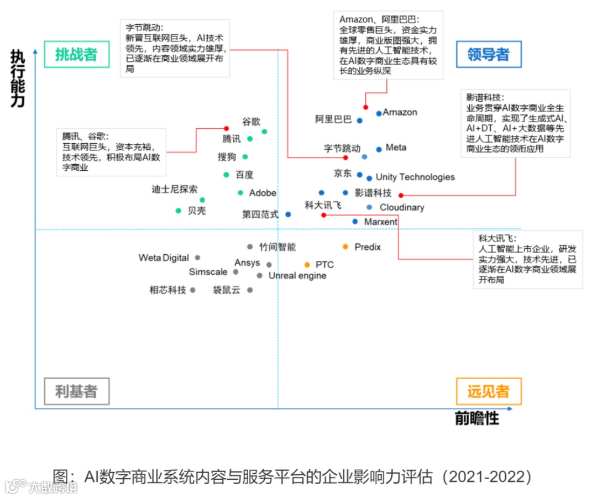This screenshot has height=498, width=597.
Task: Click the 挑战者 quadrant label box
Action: (76, 54)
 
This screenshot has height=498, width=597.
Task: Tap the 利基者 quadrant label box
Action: (76, 392)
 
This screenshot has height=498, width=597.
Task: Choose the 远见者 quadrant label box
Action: (488, 392)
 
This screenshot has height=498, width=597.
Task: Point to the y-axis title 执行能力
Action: (18, 78)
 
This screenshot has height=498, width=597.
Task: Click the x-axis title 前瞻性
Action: (477, 418)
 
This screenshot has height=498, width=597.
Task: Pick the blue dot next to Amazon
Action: (379, 113)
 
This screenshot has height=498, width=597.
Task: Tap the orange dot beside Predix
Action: (345, 247)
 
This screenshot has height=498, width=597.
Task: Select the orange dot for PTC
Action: (307, 265)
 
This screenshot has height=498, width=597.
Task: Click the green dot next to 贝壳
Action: (179, 211)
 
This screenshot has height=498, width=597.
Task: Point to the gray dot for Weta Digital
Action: (197, 258)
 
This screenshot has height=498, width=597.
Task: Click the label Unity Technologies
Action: (415, 177)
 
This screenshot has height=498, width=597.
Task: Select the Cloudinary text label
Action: (402, 207)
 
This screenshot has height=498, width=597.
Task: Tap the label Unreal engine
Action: (297, 276)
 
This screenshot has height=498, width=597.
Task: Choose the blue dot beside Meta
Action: (379, 149)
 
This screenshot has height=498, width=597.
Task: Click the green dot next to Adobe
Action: (240, 193)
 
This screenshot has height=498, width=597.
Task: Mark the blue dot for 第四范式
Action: (288, 214)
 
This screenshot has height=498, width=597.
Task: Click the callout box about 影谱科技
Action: (515, 123)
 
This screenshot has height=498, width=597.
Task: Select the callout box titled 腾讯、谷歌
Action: (111, 152)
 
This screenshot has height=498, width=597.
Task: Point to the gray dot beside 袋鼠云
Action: (250, 290)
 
